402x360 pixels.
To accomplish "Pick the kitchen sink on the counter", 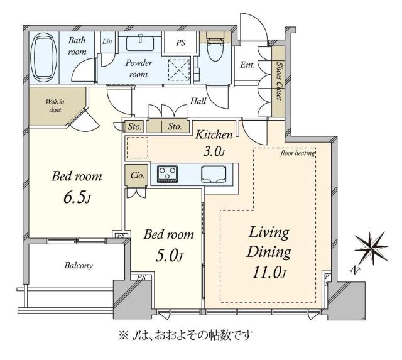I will coord(213,174).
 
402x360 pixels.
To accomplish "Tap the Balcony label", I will coord(78,265).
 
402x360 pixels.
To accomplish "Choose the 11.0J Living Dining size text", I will coord(268,273).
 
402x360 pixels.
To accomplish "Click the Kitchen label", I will coord(215,134).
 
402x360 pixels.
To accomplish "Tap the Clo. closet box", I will coord(138,177).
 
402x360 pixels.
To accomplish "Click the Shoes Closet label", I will coord(277,81).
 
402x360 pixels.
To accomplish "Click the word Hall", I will coord(198,101).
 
